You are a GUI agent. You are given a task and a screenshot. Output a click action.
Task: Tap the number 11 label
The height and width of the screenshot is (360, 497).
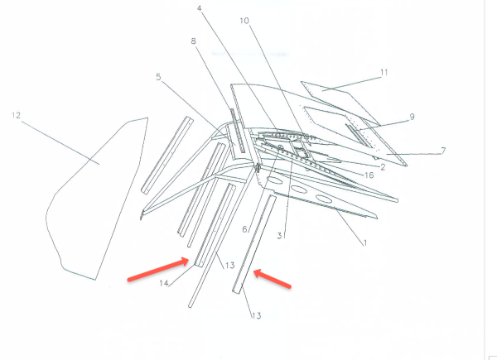point(384,73)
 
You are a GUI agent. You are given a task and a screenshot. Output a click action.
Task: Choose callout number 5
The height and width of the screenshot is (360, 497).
point(158,78)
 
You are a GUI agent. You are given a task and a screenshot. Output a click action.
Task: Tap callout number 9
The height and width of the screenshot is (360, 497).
point(411,118)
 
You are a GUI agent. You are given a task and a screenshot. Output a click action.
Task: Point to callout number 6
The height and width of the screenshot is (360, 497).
point(244,229)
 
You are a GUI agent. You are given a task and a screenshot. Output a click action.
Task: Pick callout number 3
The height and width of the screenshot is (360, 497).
point(281,237)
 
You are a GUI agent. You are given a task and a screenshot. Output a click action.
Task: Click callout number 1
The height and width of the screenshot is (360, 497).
point(361,243)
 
